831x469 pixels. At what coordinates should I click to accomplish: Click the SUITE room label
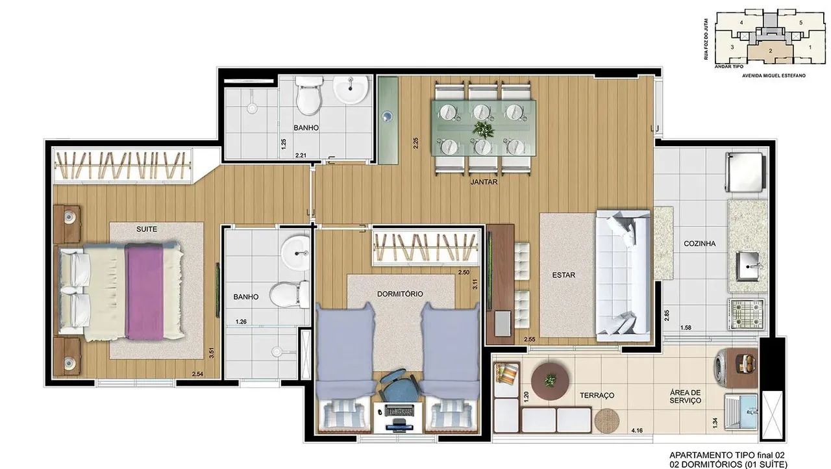[147, 229]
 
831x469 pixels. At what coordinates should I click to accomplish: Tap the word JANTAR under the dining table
[484, 182]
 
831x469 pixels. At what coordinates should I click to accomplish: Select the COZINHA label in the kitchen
[699, 244]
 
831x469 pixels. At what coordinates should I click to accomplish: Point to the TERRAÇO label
[597, 396]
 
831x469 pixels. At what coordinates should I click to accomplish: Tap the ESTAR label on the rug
[564, 275]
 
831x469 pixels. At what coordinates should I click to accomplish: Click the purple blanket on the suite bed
[144, 291]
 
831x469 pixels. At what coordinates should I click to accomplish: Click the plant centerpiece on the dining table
[484, 129]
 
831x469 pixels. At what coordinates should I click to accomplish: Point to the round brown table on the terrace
[550, 381]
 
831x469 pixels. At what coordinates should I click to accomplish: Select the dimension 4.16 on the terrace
[637, 431]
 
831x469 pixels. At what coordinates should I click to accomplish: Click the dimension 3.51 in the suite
[212, 353]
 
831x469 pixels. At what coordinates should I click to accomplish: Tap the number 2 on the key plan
[771, 51]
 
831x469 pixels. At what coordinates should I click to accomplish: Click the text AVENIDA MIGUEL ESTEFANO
[773, 76]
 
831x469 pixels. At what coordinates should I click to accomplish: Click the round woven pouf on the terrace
[607, 421]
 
